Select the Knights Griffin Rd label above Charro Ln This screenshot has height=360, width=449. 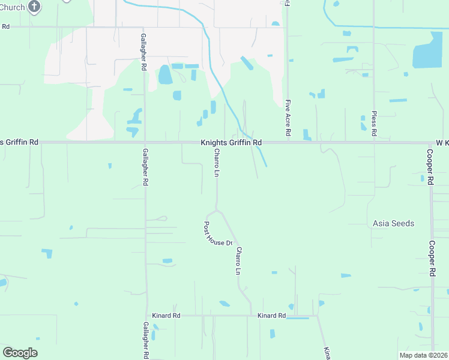(x=231, y=142)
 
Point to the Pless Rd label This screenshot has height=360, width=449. (x=374, y=124)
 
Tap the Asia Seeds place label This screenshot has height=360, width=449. (x=393, y=223)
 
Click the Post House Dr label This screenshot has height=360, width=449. (x=217, y=235)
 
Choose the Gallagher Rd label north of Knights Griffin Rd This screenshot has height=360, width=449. (x=143, y=53)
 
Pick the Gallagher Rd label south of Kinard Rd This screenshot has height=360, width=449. (x=146, y=340)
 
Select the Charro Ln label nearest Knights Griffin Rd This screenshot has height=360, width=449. (x=217, y=163)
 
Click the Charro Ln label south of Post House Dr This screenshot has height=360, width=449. (x=238, y=261)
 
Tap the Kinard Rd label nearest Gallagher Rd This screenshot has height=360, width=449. (x=167, y=315)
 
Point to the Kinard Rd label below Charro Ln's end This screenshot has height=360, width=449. (x=271, y=315)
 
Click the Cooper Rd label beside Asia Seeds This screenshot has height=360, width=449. (x=432, y=258)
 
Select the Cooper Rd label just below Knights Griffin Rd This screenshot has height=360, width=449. (x=430, y=167)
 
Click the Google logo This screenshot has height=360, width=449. (x=20, y=353)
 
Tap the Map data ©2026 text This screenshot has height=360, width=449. (x=423, y=355)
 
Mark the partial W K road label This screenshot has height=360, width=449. (x=441, y=142)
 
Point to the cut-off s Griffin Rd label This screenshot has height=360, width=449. (x=19, y=142)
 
